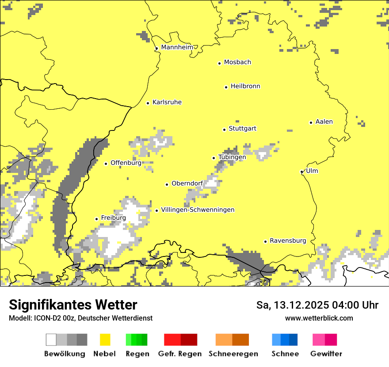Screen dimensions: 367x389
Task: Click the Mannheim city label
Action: tap(177, 47)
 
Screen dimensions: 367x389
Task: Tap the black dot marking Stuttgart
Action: tap(224, 130)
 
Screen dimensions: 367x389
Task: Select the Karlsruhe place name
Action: tap(167, 102)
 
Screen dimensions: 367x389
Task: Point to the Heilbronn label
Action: tap(245, 86)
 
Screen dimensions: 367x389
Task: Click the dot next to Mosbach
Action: tap(219, 63)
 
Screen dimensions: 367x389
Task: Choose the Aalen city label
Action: tap(324, 122)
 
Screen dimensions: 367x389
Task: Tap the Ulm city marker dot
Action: tap(301, 172)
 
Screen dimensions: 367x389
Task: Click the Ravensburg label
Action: tap(288, 241)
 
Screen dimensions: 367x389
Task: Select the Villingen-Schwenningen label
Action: tap(198, 210)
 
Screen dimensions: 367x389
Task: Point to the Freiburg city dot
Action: tap(96, 219)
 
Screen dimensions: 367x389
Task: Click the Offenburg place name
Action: tap(126, 163)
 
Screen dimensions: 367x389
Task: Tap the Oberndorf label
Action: tap(187, 183)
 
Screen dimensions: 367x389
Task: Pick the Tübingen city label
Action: tap(232, 157)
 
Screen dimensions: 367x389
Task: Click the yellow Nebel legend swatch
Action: tap(105, 340)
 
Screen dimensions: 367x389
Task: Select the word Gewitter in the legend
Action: tap(326, 354)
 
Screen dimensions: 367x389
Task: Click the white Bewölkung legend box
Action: tap(51, 340)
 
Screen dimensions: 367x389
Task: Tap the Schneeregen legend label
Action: tap(233, 354)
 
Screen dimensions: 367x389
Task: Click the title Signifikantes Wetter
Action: tap(73, 305)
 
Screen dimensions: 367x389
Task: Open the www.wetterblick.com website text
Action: tap(319, 318)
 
